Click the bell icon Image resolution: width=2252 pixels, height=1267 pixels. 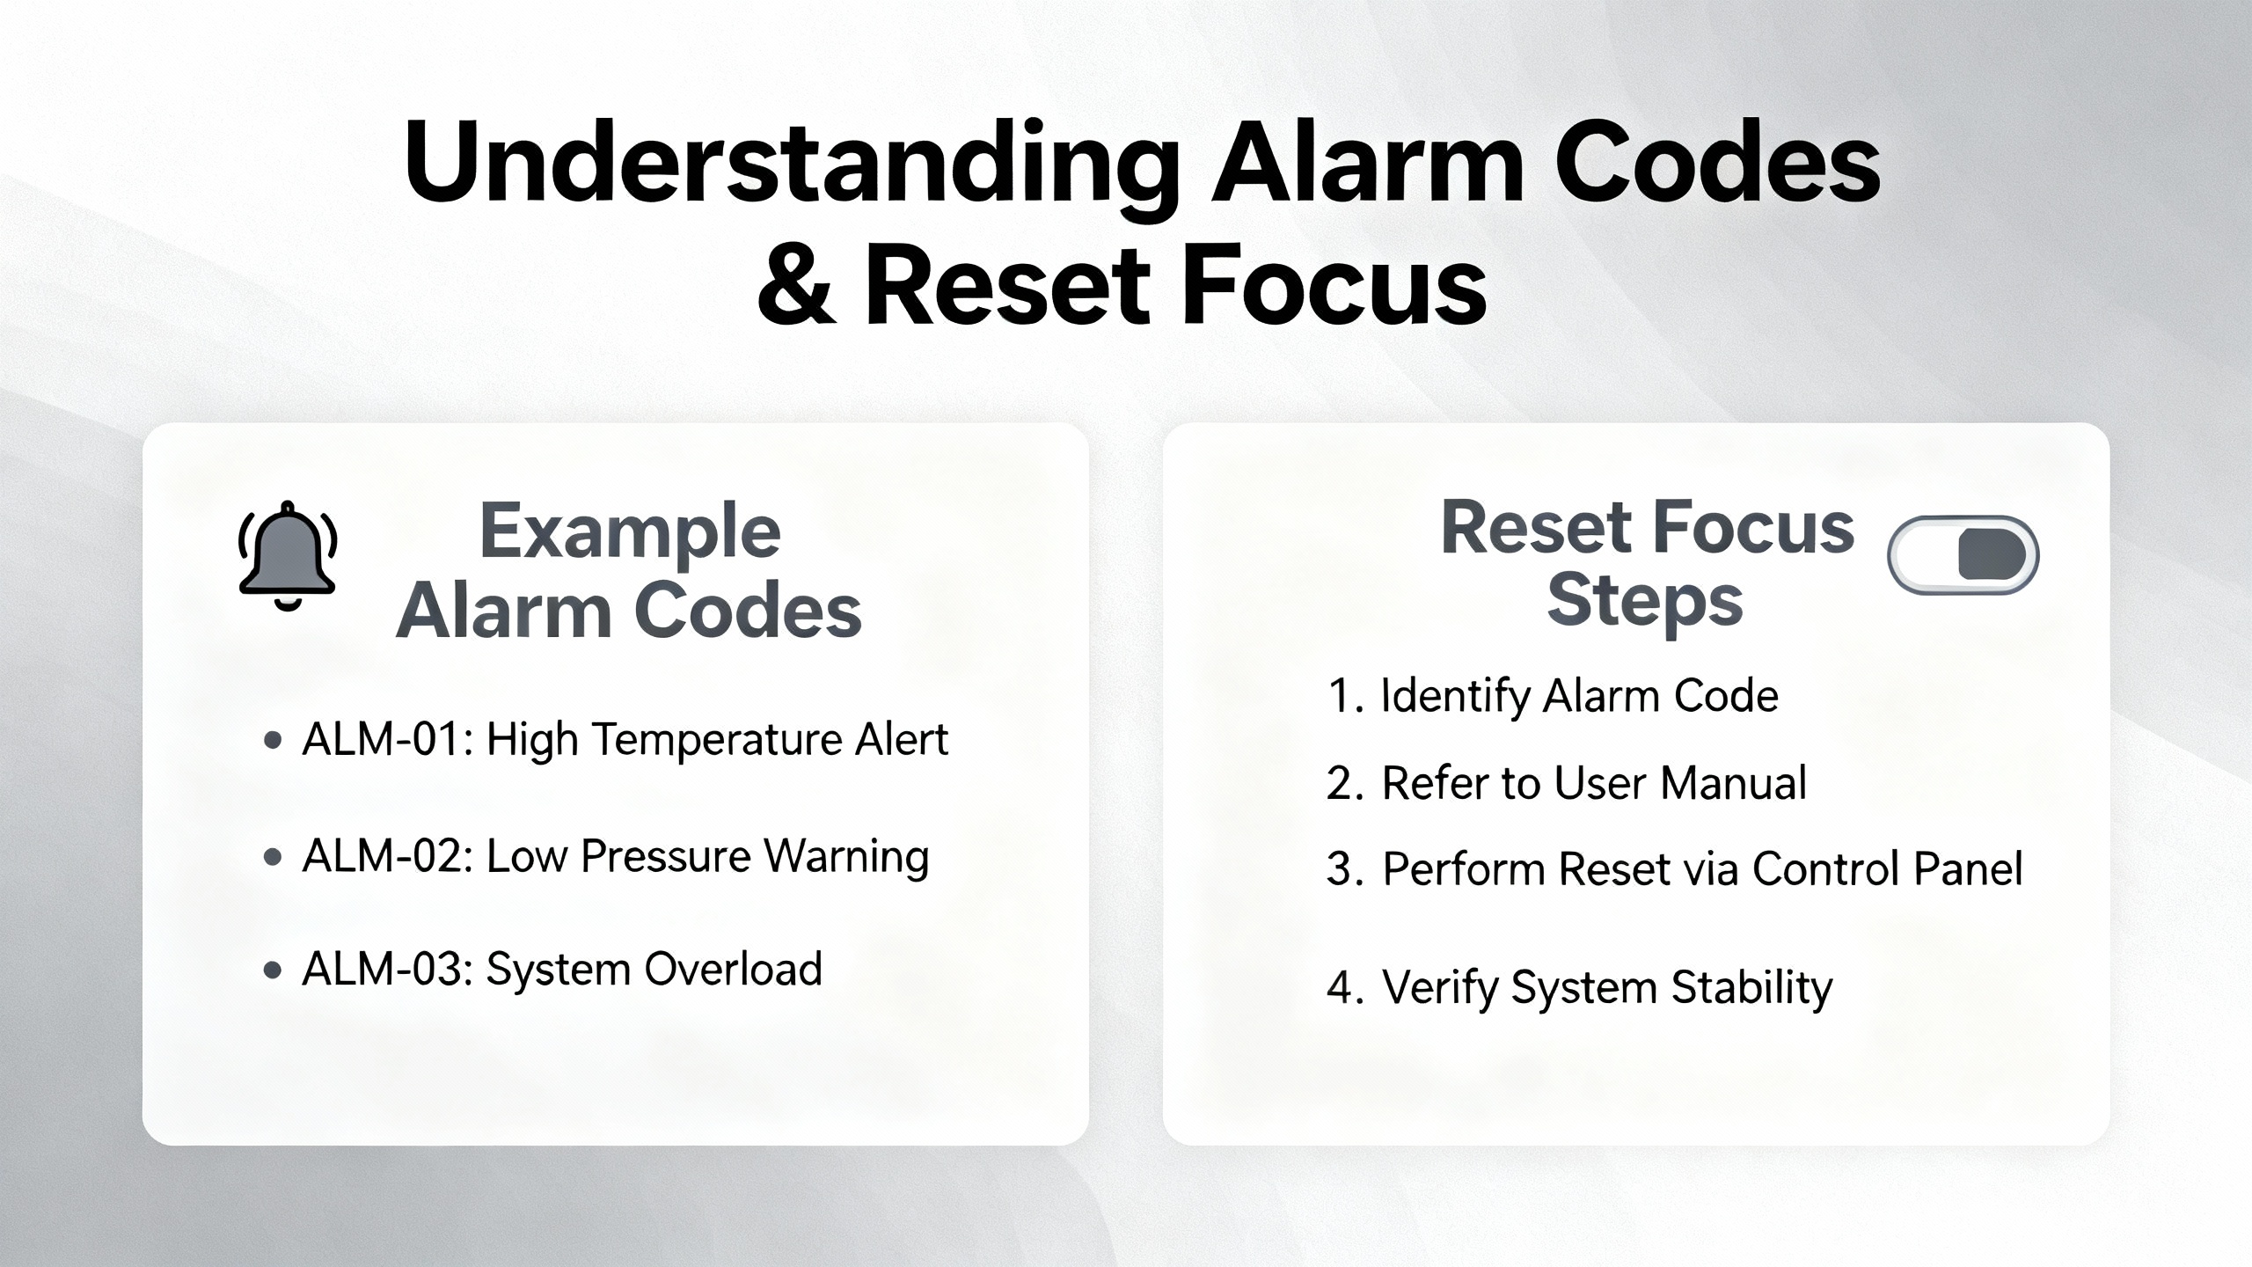coord(287,555)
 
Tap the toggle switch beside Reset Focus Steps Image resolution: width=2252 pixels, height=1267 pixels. coord(1963,555)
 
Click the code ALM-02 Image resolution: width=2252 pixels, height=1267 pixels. coord(382,856)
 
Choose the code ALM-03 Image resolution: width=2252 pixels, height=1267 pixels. coord(382,970)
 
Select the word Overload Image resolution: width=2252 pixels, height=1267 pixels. coord(734,969)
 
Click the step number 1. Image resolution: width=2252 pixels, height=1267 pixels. coord(1340,696)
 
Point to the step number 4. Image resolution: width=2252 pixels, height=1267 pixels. coord(1340,987)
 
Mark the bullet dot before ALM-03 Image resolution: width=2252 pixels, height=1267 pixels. coord(273,970)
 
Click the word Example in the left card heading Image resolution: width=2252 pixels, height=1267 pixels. coord(630,532)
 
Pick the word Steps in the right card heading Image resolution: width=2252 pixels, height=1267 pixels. coord(1645,604)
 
